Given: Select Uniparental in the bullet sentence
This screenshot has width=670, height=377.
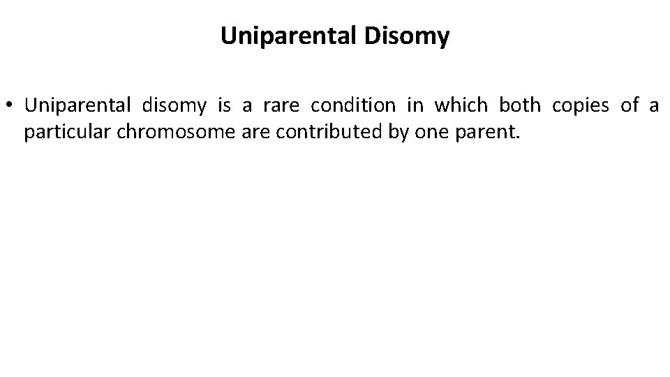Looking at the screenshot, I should pyautogui.click(x=77, y=106).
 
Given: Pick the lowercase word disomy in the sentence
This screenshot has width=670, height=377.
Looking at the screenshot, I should pyautogui.click(x=174, y=106).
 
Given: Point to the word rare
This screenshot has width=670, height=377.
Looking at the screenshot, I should pyautogui.click(x=279, y=106).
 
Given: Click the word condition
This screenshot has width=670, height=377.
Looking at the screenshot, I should pyautogui.click(x=352, y=106).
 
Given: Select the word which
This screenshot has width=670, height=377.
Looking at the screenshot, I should pyautogui.click(x=461, y=106).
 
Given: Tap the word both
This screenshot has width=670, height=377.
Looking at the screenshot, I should pyautogui.click(x=520, y=106).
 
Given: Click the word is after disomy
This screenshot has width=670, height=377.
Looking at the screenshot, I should pyautogui.click(x=223, y=106).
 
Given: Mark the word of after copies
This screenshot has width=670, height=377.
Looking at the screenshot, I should pyautogui.click(x=630, y=106).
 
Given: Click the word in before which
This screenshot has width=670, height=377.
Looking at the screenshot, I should pyautogui.click(x=415, y=106).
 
